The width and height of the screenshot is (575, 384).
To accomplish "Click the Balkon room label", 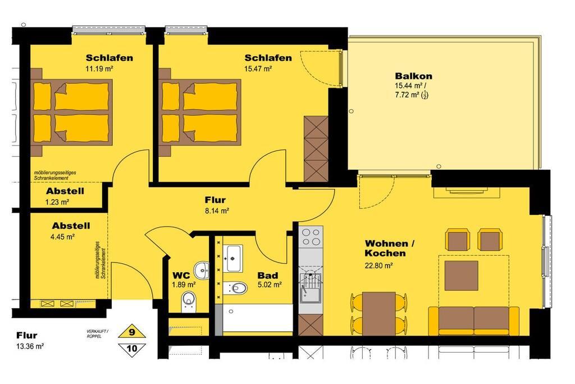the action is click(x=413, y=76).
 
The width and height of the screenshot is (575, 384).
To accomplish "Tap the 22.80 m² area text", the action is click(x=379, y=265).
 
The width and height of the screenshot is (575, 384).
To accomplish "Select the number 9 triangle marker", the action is click(x=131, y=332).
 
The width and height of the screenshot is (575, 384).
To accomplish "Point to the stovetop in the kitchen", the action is click(x=311, y=237).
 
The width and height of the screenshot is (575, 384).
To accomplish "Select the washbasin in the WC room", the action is click(x=202, y=270).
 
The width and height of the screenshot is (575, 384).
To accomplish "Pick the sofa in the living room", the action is click(x=474, y=320).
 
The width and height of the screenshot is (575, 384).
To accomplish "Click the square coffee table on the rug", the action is click(x=462, y=275).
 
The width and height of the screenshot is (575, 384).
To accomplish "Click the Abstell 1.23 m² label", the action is click(x=65, y=196).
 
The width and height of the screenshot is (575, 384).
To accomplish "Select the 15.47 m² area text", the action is click(x=258, y=69).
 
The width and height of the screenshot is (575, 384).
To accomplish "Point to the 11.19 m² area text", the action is click(x=99, y=69).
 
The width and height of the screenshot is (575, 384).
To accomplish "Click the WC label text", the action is click(x=181, y=275).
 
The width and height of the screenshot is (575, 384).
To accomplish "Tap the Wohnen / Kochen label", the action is click(x=390, y=248).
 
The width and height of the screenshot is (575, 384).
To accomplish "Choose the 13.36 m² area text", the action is click(x=30, y=346).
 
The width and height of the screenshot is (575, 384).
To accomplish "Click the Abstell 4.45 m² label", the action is click(x=71, y=231).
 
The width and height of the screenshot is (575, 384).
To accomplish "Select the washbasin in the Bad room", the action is click(x=232, y=258).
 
